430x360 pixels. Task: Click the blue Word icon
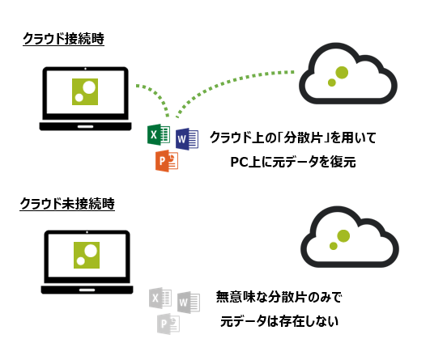coord(186,139)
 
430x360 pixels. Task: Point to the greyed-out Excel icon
coord(160,299)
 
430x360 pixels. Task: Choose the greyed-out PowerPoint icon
coord(168,324)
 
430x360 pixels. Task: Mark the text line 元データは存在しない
coord(279,321)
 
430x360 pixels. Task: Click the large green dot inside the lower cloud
coord(343,235)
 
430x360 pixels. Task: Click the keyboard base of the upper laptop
coord(85,125)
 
